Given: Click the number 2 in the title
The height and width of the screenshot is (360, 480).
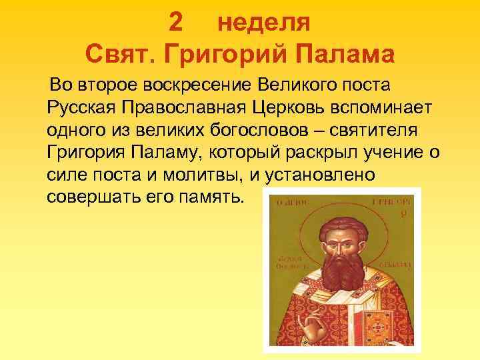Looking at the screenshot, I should pyautogui.click(x=175, y=22).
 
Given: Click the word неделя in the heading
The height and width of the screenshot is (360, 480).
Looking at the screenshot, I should pyautogui.click(x=264, y=22).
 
